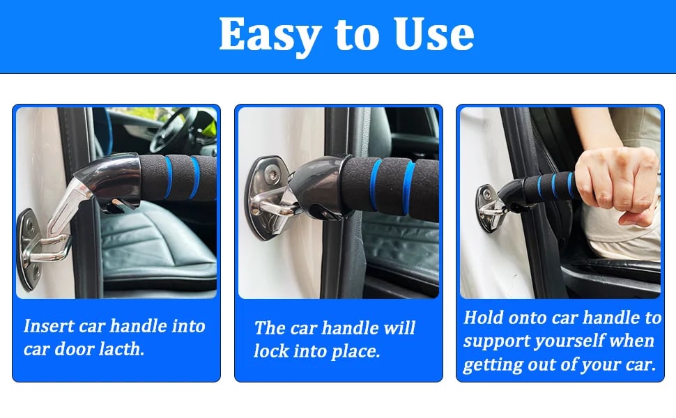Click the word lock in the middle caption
tap(270, 351)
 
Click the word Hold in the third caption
tap(483, 318)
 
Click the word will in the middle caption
tap(399, 327)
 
